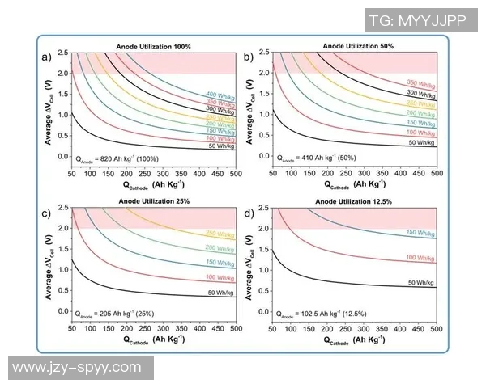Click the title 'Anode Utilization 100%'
[153, 48]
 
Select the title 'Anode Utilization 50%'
[355, 48]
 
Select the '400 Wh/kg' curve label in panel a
[219, 95]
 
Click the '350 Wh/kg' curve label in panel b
[420, 82]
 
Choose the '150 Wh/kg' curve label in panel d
[420, 232]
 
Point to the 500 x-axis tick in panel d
[436, 329]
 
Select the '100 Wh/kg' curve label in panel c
[219, 277]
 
